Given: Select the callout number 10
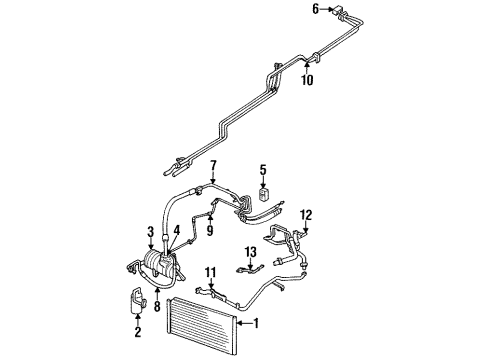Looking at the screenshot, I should [x=308, y=80].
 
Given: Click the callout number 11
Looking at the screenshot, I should [x=210, y=273].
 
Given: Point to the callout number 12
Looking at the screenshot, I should [x=306, y=213].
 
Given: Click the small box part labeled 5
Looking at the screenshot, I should [x=263, y=193].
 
